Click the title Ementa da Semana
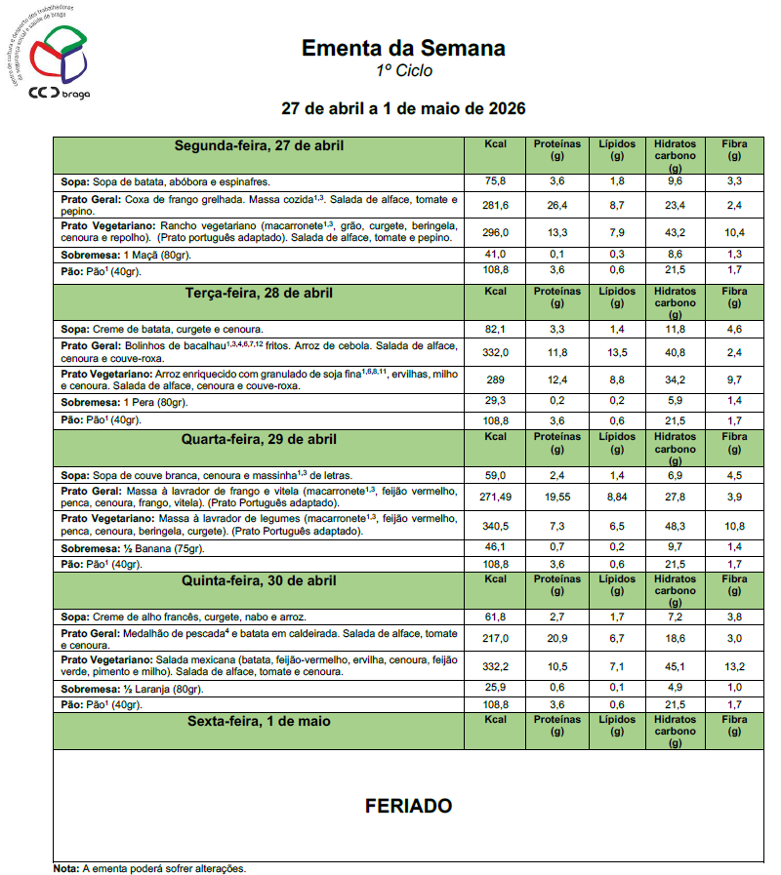point(403,48)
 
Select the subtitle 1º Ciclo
point(403,71)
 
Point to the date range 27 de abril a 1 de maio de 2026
point(403,108)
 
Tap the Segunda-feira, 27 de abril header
point(259,146)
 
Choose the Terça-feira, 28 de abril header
point(259,293)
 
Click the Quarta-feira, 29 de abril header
point(259,439)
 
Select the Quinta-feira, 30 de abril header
point(259,580)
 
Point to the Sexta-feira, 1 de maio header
point(259,722)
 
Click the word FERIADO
point(408,807)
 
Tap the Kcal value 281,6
point(496,205)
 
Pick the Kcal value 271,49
point(496,497)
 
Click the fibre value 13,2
point(734,666)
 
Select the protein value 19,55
point(557,497)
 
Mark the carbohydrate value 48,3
point(675,525)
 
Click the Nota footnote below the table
point(149,867)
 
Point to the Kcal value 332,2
point(496,666)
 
